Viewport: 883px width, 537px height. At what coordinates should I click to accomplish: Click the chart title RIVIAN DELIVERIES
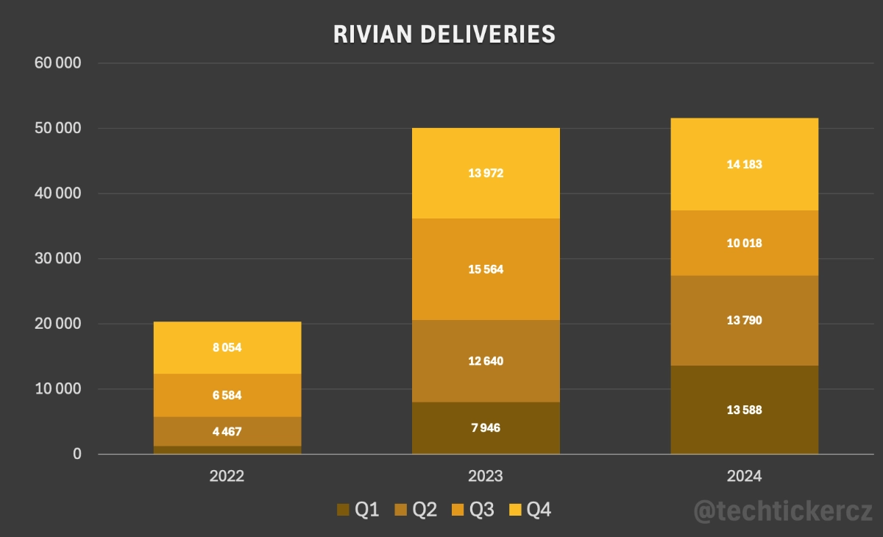(x=444, y=34)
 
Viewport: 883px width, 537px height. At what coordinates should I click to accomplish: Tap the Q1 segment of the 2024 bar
(x=744, y=427)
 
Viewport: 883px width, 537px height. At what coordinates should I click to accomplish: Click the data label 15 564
(x=486, y=269)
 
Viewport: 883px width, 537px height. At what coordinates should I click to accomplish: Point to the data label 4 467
(x=227, y=432)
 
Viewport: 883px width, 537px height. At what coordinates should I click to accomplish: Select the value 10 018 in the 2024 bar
(x=744, y=243)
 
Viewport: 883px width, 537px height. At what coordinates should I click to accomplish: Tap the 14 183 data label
(x=744, y=164)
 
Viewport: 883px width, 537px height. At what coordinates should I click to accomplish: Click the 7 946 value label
(x=486, y=427)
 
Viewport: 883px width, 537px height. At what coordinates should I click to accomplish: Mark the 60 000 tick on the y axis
(x=57, y=63)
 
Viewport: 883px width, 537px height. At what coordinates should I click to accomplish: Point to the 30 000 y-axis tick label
(x=57, y=259)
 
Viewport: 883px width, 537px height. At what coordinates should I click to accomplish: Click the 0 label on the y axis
(x=76, y=455)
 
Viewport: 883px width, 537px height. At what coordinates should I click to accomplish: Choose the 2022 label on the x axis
(x=227, y=477)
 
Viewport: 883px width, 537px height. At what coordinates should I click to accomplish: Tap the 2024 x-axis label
(x=744, y=477)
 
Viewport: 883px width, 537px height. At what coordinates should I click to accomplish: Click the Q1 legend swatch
(x=343, y=510)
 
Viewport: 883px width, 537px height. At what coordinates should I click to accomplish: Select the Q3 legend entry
(x=474, y=510)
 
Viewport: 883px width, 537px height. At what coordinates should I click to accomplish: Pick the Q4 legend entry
(x=531, y=510)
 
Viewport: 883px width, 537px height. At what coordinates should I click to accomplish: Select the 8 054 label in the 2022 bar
(x=227, y=348)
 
